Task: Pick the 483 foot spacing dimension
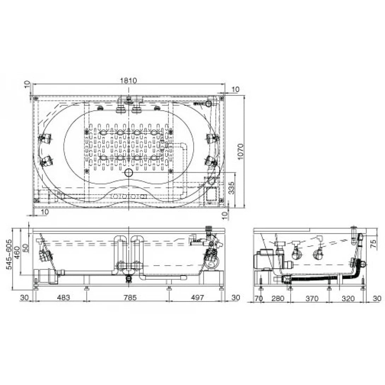63,298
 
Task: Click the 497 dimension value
197,298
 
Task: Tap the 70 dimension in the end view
259,299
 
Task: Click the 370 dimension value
312,299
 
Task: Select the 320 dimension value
348,299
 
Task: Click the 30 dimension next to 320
377,299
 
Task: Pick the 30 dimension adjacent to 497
235,298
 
